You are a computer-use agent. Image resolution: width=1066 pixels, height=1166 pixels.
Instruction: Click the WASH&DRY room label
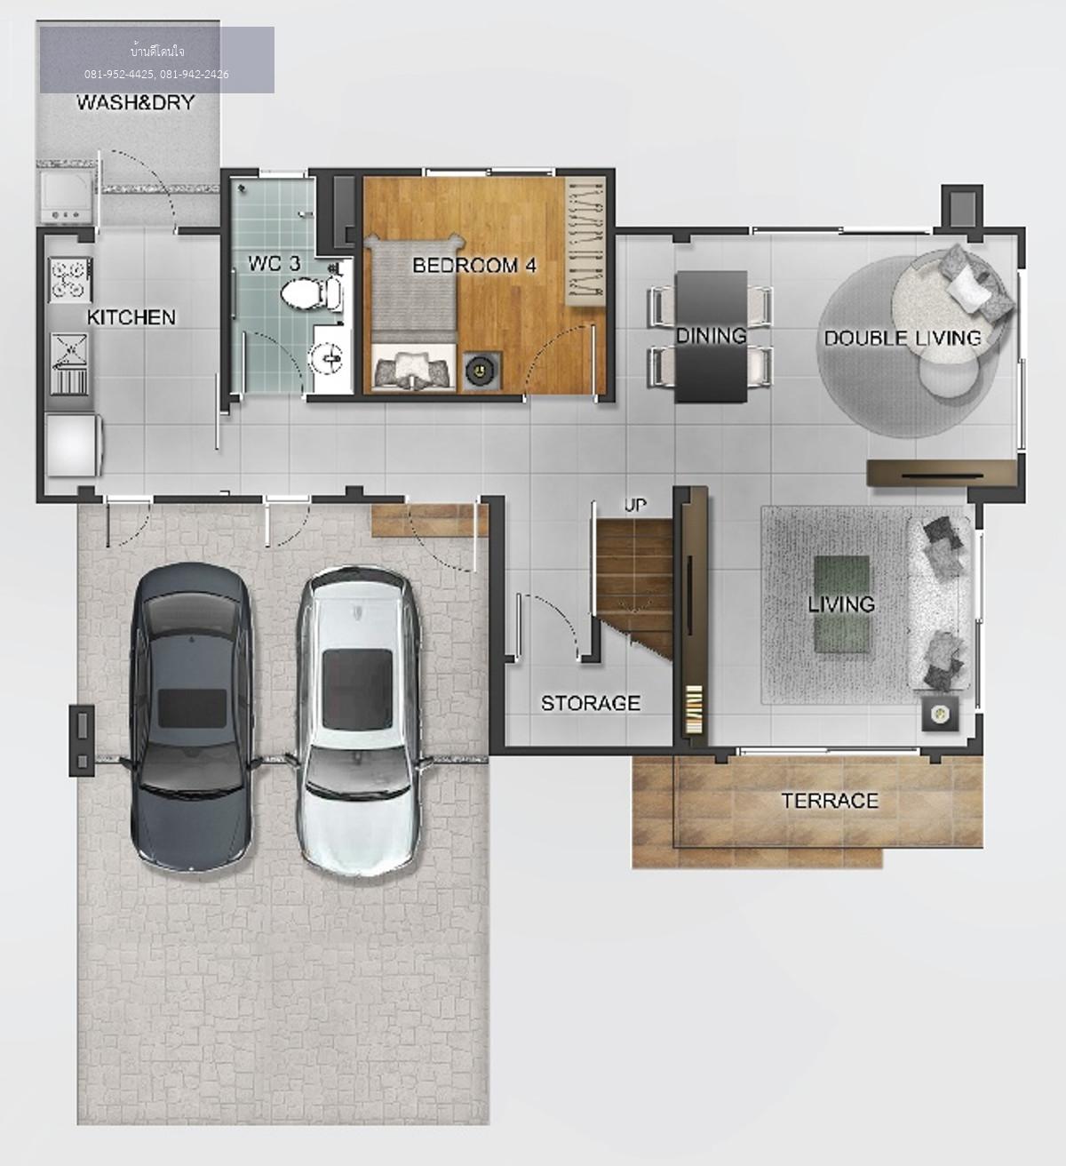tap(135, 103)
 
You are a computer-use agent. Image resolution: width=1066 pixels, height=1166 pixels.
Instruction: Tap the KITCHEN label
tap(131, 317)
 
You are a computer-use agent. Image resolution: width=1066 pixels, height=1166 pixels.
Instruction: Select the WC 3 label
tap(274, 263)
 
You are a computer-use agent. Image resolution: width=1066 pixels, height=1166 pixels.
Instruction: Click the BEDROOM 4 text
tap(473, 266)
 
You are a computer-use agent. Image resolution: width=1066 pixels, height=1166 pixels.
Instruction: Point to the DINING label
tap(712, 335)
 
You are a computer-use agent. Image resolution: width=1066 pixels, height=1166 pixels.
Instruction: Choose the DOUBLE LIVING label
tap(903, 338)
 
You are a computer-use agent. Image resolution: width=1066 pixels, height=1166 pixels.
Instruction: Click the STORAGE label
tap(591, 703)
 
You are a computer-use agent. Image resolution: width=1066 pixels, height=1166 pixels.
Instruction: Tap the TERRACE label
tap(830, 801)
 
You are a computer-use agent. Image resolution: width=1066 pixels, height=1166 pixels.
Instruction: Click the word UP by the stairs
tap(635, 505)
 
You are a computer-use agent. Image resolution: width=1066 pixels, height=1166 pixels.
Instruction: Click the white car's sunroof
tap(357, 690)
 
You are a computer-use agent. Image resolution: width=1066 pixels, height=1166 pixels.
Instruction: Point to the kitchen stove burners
tap(70, 279)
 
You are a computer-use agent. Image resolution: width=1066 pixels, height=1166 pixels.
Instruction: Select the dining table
tap(711, 336)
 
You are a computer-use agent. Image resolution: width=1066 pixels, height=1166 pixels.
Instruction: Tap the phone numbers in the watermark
tap(156, 75)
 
